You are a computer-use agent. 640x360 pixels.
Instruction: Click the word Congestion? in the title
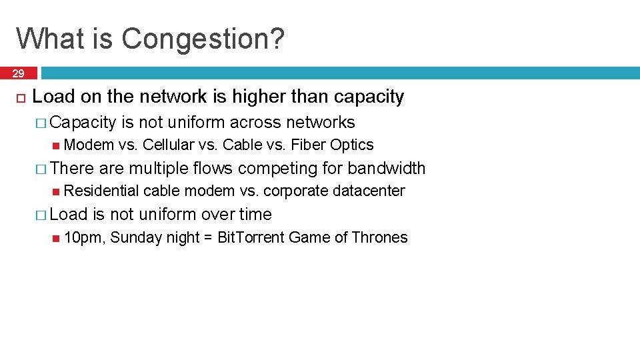[x=203, y=39]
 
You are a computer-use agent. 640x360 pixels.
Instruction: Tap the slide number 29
[x=19, y=73]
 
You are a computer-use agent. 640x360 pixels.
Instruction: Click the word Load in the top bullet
[x=54, y=97]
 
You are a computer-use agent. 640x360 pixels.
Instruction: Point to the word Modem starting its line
[x=89, y=145]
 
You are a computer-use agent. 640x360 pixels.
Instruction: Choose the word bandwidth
[x=386, y=169]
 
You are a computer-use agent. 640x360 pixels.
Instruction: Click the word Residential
[x=102, y=191]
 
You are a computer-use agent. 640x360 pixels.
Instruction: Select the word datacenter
[x=369, y=191]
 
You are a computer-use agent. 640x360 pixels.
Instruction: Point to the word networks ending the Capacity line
[x=320, y=122]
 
